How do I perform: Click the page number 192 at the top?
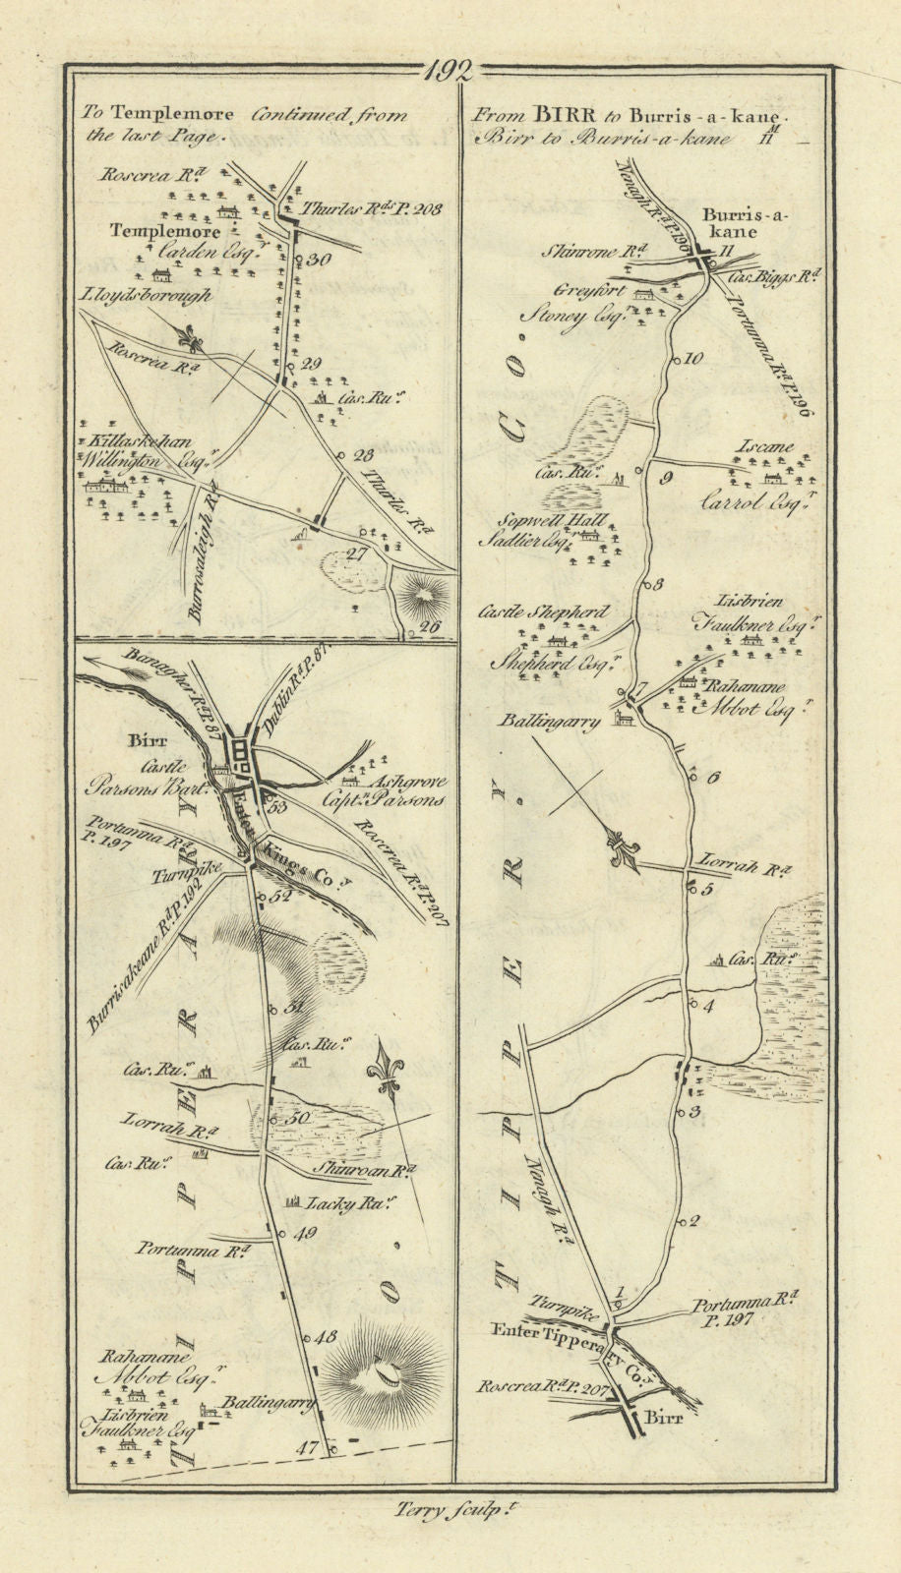point(450,71)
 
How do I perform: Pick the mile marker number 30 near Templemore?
point(317,261)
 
